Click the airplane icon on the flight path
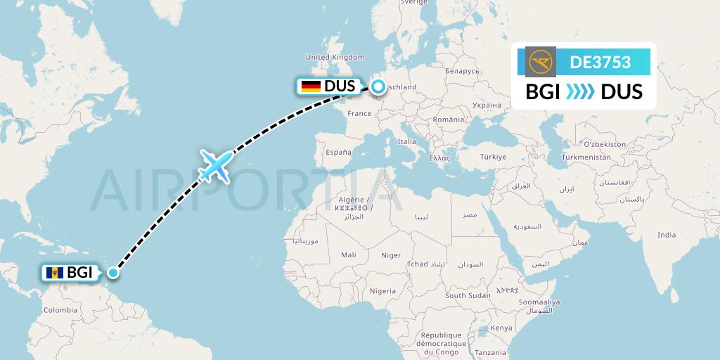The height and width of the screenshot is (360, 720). (x=216, y=165)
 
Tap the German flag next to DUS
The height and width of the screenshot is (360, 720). (x=310, y=86)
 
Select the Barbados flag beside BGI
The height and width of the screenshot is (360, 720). (x=53, y=273)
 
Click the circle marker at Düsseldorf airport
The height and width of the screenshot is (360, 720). (x=378, y=86)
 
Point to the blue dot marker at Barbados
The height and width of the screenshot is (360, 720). (x=112, y=272)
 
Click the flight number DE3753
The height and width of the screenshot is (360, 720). (x=600, y=62)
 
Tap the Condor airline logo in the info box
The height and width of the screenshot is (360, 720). (x=540, y=62)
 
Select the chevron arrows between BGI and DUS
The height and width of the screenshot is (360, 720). (x=580, y=91)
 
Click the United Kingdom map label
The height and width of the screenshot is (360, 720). (x=335, y=57)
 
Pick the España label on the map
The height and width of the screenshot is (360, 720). (x=337, y=152)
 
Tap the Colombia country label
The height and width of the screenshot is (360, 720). (x=60, y=309)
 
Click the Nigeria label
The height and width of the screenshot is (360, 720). (x=382, y=290)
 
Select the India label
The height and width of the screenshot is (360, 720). (x=666, y=235)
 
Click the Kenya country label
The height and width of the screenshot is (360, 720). (x=501, y=328)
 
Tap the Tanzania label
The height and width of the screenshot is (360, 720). (x=490, y=352)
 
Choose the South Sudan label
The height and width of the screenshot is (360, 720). (x=467, y=295)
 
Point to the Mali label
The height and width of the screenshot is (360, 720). (x=347, y=255)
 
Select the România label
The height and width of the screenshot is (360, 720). (x=449, y=120)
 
